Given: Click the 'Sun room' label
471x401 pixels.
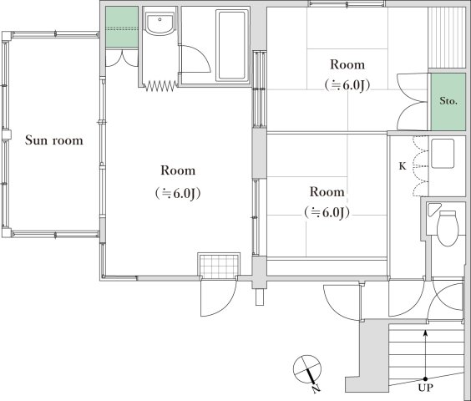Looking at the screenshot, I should click(x=53, y=140).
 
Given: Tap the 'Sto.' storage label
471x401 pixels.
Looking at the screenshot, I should click(x=448, y=101).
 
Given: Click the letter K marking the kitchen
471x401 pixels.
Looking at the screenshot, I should click(x=402, y=166).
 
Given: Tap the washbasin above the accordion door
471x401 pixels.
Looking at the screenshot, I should click(x=159, y=27).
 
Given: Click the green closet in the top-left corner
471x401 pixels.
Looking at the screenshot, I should click(x=122, y=28).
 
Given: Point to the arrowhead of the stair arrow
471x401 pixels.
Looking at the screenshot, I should click(x=427, y=332).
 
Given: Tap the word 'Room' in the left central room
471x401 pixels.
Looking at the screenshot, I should click(x=178, y=170).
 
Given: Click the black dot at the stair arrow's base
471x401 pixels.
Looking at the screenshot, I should click(x=427, y=378).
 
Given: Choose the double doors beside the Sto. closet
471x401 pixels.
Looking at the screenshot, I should click(x=413, y=100).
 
